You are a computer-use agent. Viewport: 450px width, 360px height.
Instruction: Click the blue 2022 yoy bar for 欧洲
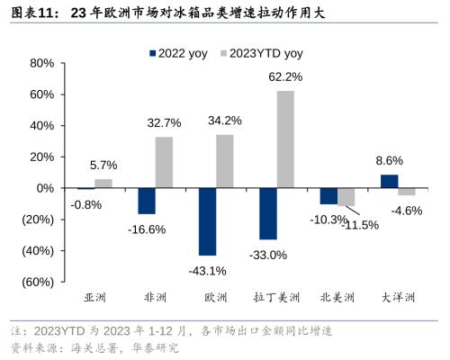[207, 221]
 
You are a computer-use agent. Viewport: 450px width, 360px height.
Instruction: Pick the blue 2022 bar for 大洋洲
[389, 181]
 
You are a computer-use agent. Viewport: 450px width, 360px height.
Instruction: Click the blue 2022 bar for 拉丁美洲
[267, 213]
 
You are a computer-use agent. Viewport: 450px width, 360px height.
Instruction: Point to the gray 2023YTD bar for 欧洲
[225, 161]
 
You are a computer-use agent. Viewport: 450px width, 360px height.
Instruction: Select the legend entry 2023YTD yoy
[269, 53]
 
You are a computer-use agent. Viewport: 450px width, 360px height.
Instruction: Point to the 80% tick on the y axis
[41, 63]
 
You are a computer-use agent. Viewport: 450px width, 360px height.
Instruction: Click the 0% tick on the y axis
[45, 188]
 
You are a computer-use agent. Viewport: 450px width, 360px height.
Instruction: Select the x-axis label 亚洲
[94, 297]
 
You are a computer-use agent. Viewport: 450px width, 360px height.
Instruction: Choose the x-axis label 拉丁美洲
[276, 297]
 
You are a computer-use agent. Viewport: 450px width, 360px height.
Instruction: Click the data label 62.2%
[285, 77]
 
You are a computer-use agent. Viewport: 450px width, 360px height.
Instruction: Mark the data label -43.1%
[207, 270]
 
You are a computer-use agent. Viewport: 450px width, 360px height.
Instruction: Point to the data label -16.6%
[146, 229]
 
